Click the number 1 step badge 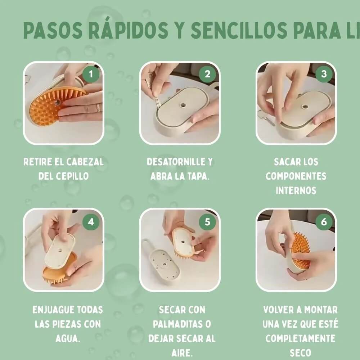coord(91,75)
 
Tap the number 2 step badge coord(207,75)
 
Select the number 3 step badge coord(324,75)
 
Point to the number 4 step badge coord(91,222)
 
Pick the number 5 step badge coord(207,222)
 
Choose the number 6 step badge coord(324,222)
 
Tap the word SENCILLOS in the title coord(239,31)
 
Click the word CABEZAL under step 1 coord(85,162)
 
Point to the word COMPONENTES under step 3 coord(296,176)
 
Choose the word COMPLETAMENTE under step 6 coord(300,338)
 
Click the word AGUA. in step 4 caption coord(68,338)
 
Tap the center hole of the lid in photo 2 coord(183,106)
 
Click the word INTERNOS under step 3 coord(296,190)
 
